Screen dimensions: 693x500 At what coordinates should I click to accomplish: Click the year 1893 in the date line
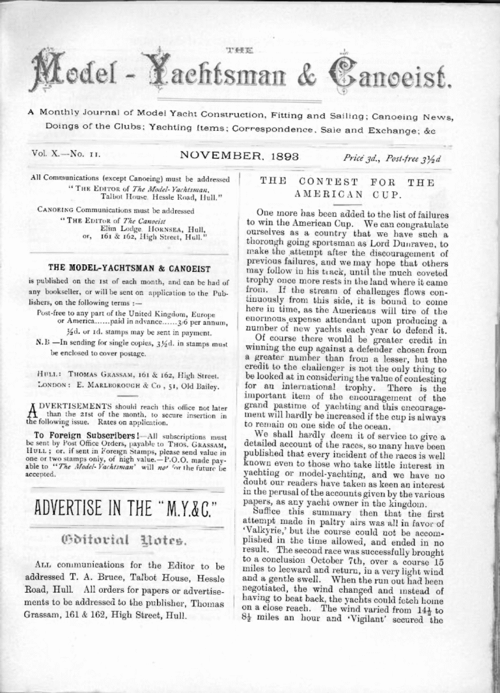[299, 156]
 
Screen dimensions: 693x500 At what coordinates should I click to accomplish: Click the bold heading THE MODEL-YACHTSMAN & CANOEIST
[130, 267]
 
